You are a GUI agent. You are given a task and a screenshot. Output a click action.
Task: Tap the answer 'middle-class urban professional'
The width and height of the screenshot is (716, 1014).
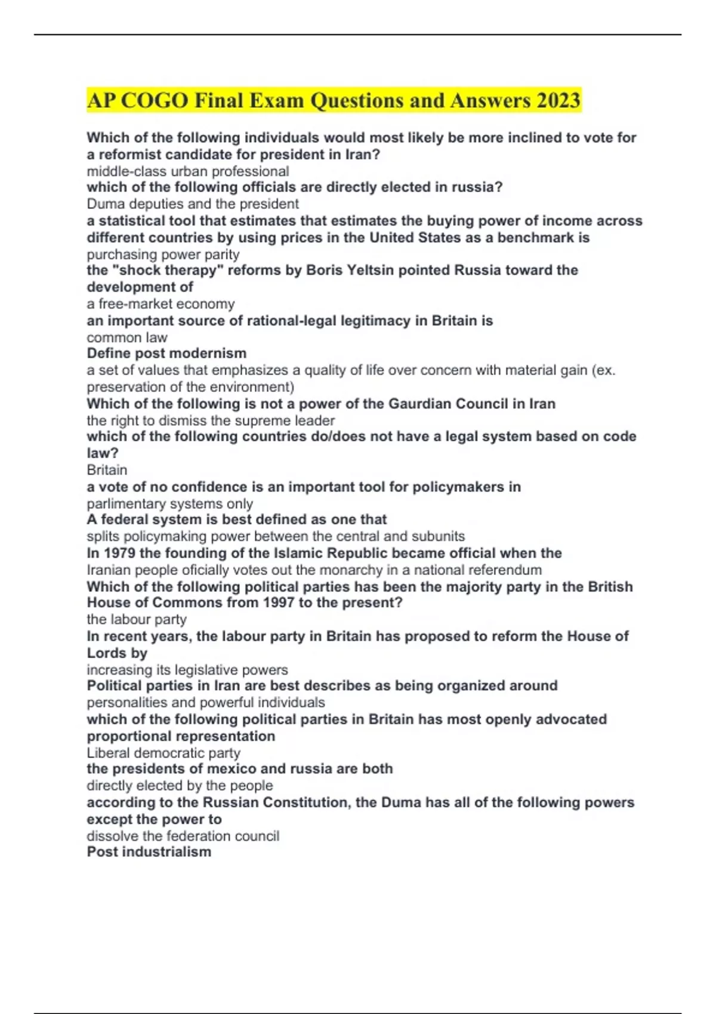187,171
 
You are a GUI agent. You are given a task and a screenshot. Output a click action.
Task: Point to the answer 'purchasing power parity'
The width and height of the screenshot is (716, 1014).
163,254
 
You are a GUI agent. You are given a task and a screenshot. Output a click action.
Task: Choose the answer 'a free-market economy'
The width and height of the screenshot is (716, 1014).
161,304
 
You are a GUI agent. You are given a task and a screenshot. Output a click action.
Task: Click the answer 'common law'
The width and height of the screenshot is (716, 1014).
126,337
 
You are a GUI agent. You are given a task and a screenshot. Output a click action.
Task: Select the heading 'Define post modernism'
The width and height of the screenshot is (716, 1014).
166,353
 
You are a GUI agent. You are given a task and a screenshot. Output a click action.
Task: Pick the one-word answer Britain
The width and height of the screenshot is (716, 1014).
107,469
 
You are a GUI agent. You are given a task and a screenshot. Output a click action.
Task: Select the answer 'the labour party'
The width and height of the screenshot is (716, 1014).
137,619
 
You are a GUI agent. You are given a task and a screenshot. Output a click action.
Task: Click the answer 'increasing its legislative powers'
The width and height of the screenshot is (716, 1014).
187,670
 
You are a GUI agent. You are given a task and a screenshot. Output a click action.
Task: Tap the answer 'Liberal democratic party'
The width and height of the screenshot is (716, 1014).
163,753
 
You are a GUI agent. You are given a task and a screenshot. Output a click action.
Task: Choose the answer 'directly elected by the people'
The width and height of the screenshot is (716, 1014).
180,786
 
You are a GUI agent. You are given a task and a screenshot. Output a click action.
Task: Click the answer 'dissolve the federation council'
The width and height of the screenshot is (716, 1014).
183,836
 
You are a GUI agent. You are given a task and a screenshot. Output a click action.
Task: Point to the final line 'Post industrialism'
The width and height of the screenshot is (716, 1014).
149,852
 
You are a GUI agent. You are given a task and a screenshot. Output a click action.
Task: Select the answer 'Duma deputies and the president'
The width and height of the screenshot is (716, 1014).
193,203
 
